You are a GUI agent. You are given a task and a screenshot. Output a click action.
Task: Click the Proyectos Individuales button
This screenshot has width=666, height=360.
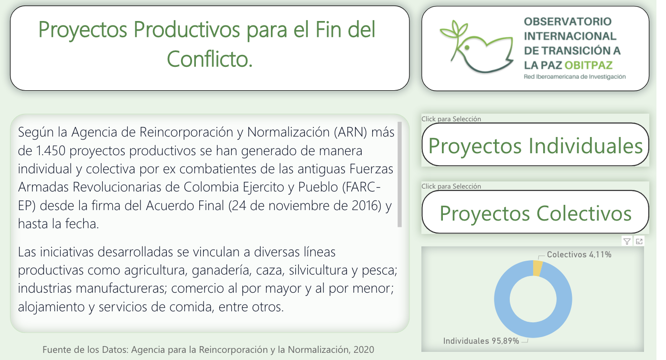(x=535, y=145)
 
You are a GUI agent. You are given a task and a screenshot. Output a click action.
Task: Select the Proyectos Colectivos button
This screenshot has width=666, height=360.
(x=535, y=212)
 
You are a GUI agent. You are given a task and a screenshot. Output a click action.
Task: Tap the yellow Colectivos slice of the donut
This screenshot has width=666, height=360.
(x=538, y=268)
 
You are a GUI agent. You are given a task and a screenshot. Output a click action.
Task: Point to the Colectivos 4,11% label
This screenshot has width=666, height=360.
(x=579, y=254)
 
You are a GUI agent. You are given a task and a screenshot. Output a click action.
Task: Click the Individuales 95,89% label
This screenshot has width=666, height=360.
(x=481, y=341)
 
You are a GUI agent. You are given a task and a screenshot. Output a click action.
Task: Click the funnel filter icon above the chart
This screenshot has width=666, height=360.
(x=627, y=241)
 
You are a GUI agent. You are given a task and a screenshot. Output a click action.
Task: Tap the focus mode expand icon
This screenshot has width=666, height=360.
(x=639, y=241)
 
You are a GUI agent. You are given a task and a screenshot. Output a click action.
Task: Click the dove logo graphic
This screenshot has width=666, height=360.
(x=477, y=47)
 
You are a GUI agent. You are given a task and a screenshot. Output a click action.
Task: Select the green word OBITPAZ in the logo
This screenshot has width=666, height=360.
(x=589, y=65)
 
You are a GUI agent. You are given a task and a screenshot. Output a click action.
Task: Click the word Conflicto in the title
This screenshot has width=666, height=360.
(x=210, y=59)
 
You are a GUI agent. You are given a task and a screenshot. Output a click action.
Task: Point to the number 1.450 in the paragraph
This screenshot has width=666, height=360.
(x=50, y=150)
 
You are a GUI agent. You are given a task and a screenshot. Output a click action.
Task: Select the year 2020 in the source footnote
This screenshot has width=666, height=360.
(x=364, y=349)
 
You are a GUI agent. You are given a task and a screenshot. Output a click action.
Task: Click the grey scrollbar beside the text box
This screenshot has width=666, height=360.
(x=399, y=174)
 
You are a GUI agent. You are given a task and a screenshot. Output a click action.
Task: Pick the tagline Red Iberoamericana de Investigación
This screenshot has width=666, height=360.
(x=575, y=77)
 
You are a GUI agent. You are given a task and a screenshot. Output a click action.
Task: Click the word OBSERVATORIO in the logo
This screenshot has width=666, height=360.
(x=568, y=21)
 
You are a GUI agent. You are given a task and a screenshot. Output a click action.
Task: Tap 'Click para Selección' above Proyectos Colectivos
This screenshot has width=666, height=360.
(x=451, y=186)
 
